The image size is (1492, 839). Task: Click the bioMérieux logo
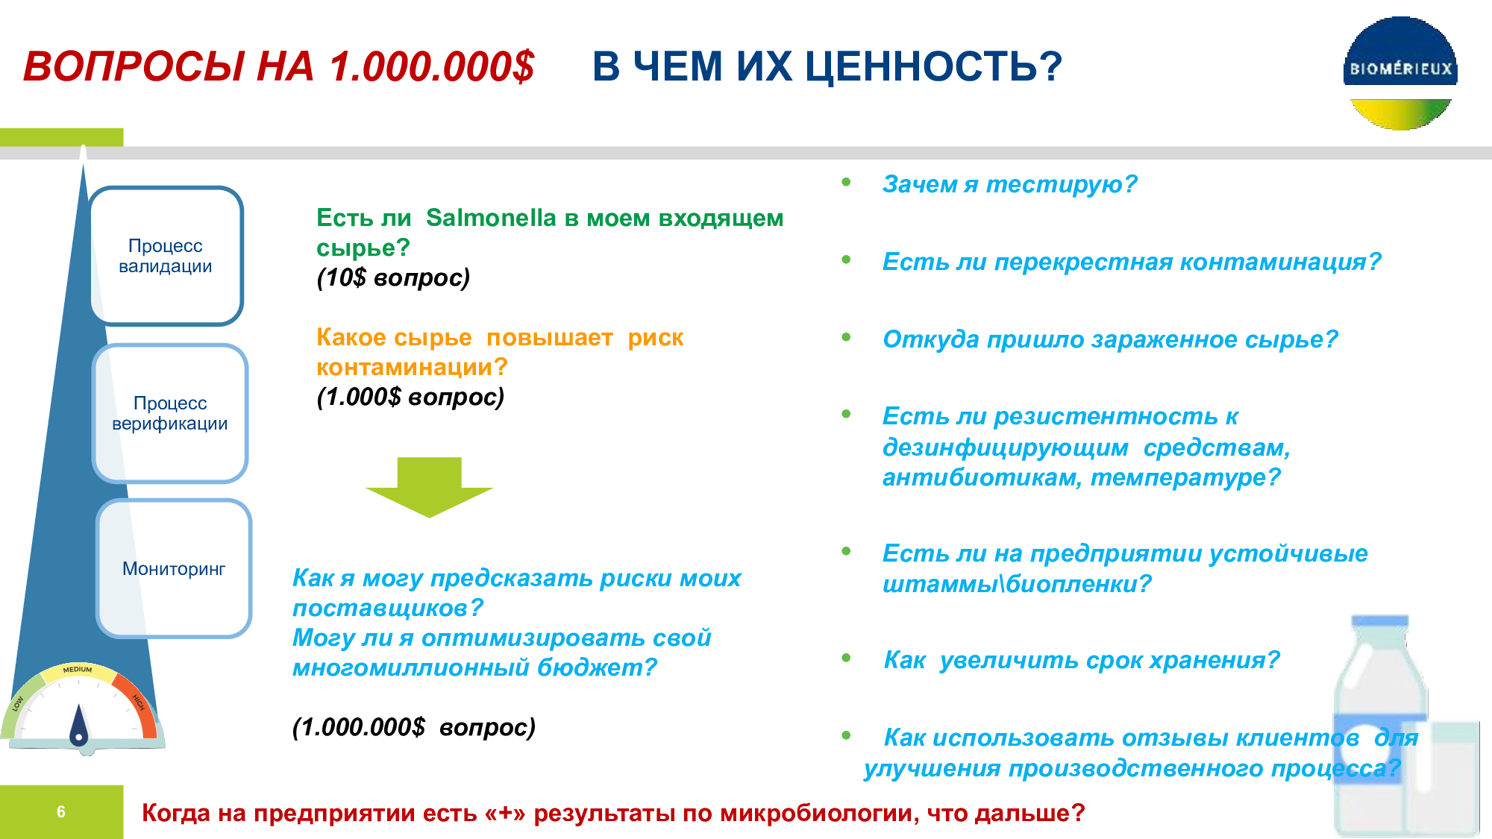[1400, 73]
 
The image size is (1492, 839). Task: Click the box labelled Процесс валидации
[166, 256]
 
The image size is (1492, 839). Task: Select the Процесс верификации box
[170, 413]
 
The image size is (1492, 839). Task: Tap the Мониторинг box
[174, 568]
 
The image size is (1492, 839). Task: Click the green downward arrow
[430, 487]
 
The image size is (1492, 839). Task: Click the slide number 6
[61, 811]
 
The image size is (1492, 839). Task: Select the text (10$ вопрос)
[393, 277]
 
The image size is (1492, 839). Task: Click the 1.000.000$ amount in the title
[432, 66]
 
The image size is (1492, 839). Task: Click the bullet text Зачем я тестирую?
[1009, 183]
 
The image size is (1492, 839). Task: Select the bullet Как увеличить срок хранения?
[1082, 660]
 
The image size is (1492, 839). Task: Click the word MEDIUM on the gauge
[78, 670]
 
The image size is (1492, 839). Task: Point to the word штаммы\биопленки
[1017, 584]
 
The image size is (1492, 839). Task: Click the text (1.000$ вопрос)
[410, 397]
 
